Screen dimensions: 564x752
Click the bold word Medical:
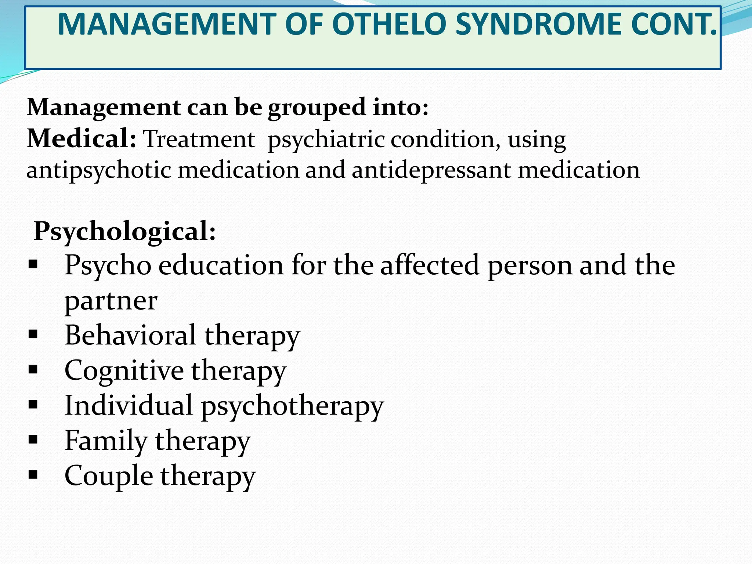[82, 139]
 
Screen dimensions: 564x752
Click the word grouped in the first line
[317, 108]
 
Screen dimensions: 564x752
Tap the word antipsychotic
[99, 170]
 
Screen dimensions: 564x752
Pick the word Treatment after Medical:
[199, 140]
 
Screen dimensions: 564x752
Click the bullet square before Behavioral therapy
[33, 334]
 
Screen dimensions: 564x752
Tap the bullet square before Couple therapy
[33, 475]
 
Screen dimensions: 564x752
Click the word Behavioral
[130, 335]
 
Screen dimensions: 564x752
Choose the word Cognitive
[124, 371]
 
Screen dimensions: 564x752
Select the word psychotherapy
[292, 406]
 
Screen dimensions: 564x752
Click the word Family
[106, 441]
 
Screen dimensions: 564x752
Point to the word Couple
[109, 476]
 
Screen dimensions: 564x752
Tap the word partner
[111, 301]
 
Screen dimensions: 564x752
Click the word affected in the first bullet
[430, 265]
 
